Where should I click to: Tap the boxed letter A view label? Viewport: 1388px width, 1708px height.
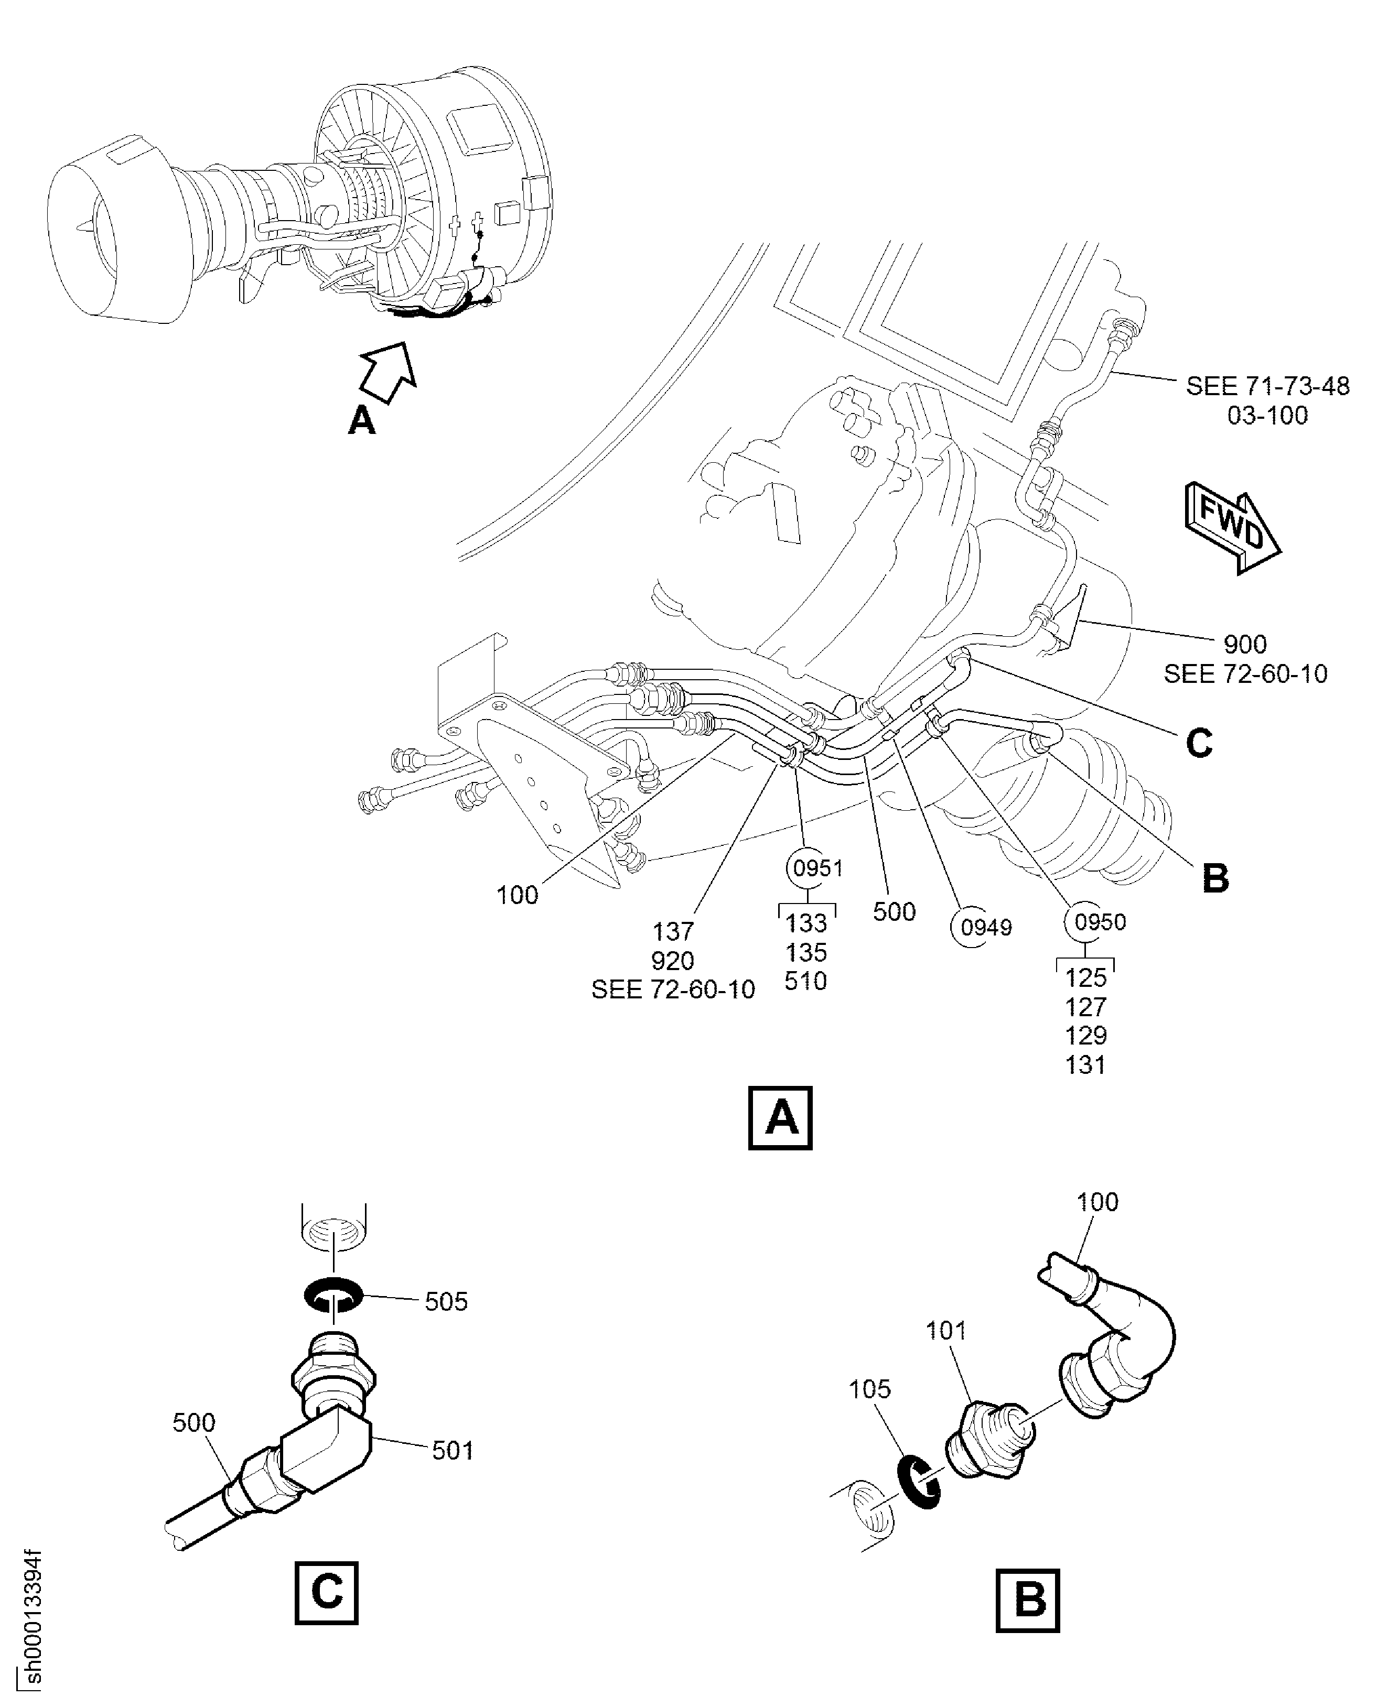point(780,1117)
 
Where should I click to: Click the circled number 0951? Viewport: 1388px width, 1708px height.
point(815,868)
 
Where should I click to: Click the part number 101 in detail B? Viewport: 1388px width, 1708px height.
point(946,1331)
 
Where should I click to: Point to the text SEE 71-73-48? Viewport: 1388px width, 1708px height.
point(1267,386)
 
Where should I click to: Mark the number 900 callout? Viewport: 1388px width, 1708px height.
point(1245,644)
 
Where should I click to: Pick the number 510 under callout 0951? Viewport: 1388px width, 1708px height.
point(805,982)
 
